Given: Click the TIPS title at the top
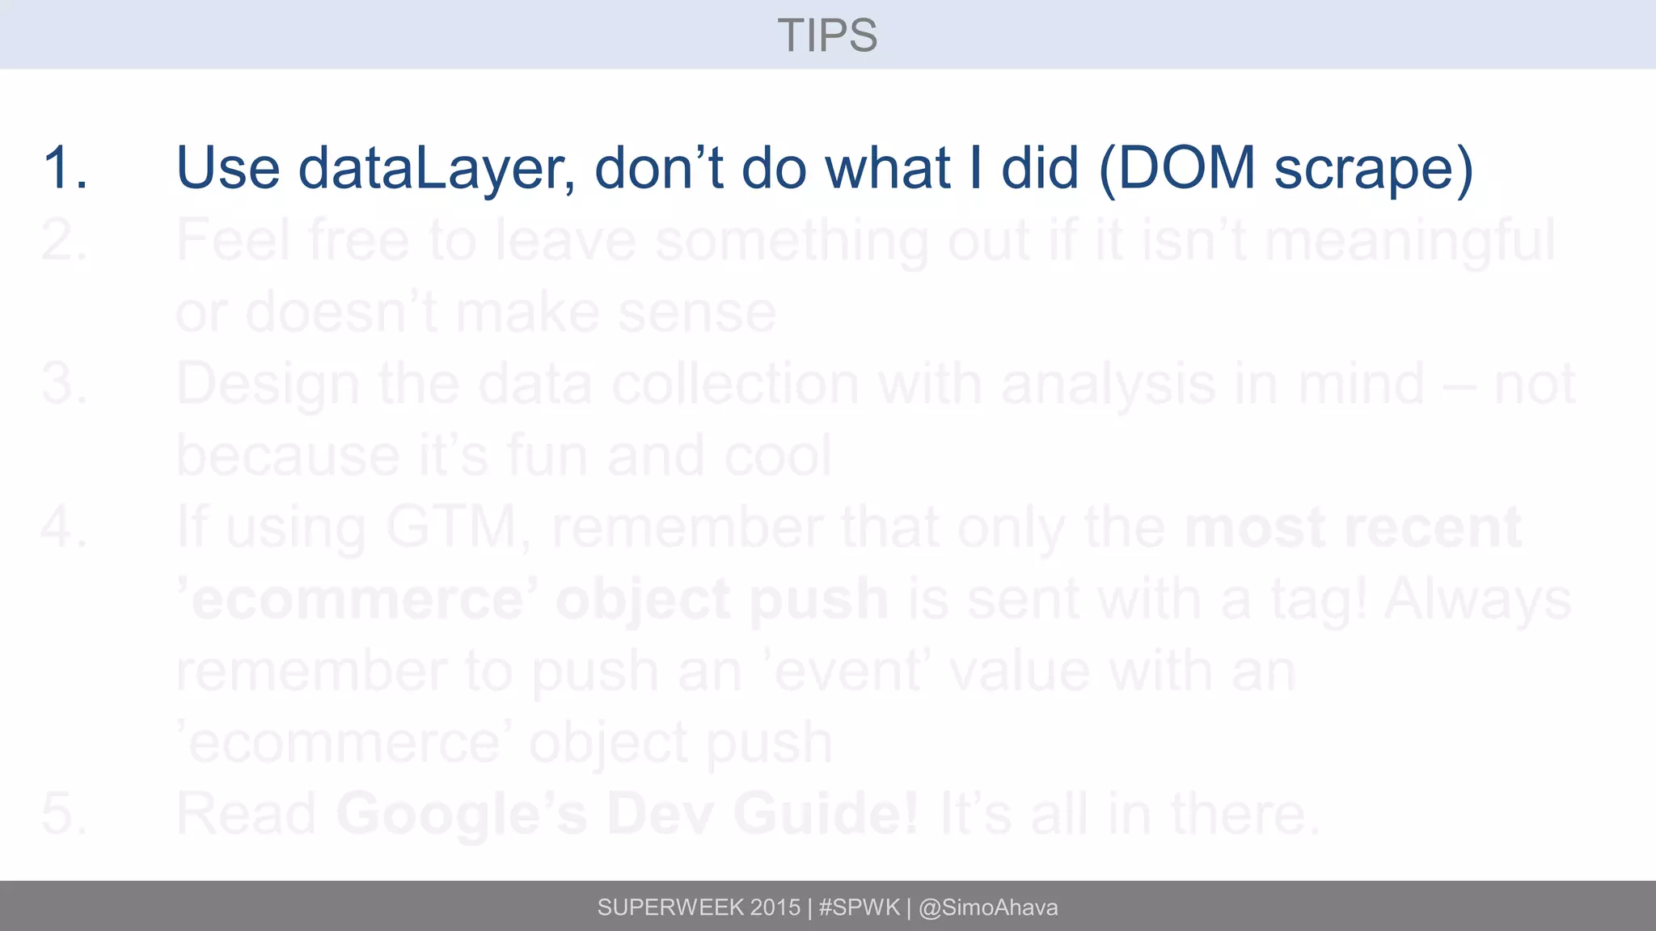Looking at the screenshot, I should (827, 36).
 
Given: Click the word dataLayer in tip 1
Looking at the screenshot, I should (437, 168).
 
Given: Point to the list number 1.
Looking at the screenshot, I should (64, 168).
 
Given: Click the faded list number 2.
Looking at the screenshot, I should (64, 240).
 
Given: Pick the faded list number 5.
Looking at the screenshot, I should (64, 813).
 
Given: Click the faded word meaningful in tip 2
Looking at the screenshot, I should (1409, 240).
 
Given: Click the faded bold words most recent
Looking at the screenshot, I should (1353, 527).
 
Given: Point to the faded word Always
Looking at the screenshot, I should (1478, 599).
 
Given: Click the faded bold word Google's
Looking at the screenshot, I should (462, 813).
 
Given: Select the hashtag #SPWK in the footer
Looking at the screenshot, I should (859, 908).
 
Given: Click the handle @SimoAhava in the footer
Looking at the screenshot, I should (988, 908).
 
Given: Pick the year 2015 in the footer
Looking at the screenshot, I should (775, 908).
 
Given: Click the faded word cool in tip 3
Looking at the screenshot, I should (778, 456).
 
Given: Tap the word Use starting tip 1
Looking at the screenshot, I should (228, 168).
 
